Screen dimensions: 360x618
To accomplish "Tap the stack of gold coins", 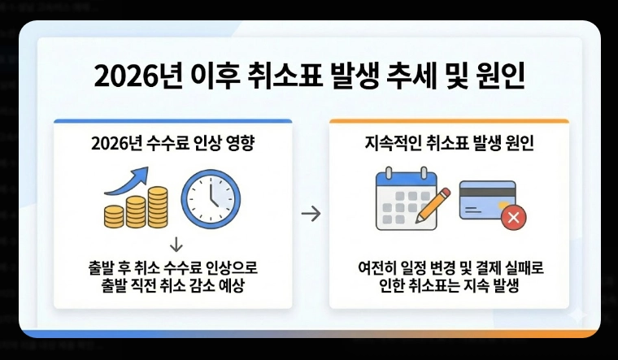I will pos(136,208).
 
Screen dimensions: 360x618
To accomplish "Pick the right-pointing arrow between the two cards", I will pos(311,215).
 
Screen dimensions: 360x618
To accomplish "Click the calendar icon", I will pos(405,200).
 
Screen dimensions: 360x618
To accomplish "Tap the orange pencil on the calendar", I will pos(435,203).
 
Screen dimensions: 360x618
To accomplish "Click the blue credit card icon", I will pos(486,201).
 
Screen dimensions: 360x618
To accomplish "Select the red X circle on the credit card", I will pos(513,217).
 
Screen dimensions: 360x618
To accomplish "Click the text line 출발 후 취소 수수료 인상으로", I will pos(172,267).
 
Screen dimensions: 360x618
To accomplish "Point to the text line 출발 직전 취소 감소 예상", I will pos(172,286).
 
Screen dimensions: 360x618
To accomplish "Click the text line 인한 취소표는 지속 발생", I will pos(449,286).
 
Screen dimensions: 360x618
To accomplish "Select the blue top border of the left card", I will pos(172,121).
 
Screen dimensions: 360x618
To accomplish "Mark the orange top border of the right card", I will pos(449,121).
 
